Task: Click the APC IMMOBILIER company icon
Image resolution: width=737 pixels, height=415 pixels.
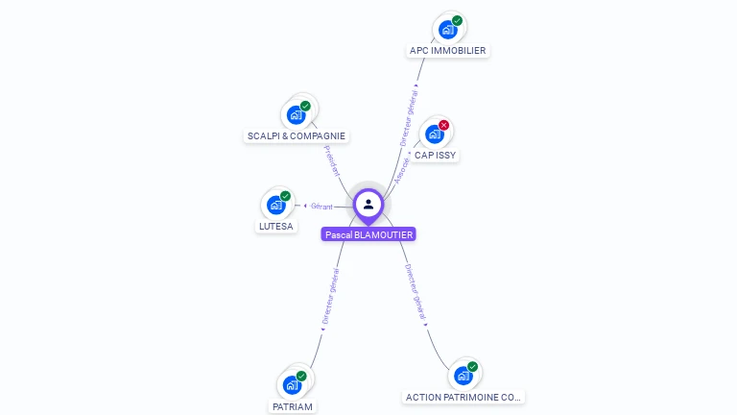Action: tap(447, 30)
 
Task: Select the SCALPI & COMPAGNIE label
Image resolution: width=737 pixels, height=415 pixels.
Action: tap(296, 136)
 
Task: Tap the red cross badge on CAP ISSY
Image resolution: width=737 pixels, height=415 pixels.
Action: tap(443, 125)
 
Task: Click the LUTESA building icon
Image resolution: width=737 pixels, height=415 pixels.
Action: tap(276, 205)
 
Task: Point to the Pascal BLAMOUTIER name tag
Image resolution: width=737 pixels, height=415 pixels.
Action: tap(368, 234)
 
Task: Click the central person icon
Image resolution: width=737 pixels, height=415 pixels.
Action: tap(368, 204)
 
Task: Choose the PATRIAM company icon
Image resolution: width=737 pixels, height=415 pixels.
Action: tap(292, 384)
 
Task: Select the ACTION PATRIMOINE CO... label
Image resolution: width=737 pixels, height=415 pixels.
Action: tap(464, 397)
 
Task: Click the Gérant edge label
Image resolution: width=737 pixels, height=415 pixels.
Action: tap(321, 206)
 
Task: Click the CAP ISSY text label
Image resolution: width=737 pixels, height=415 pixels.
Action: tap(435, 155)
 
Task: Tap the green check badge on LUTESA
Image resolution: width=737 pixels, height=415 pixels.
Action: tap(285, 196)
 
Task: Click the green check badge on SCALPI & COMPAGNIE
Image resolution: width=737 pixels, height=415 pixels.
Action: tap(305, 106)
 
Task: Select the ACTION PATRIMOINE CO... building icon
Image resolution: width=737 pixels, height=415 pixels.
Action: tap(463, 375)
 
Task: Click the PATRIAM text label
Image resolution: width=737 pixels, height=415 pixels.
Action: tap(292, 406)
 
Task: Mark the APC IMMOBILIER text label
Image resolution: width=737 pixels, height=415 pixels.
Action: tap(447, 51)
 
